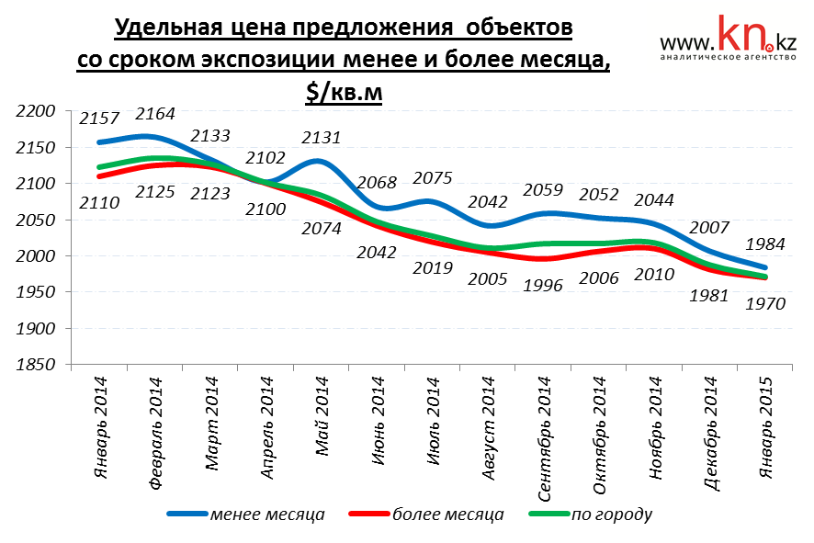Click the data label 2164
coord(155,114)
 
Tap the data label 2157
coord(99,119)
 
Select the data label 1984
coord(764,244)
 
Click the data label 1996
coord(545,285)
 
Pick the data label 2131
coord(321,138)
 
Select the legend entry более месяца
coord(447,514)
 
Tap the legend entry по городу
coord(612,514)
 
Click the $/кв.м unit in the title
coord(344,92)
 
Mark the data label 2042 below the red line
coord(378,252)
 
